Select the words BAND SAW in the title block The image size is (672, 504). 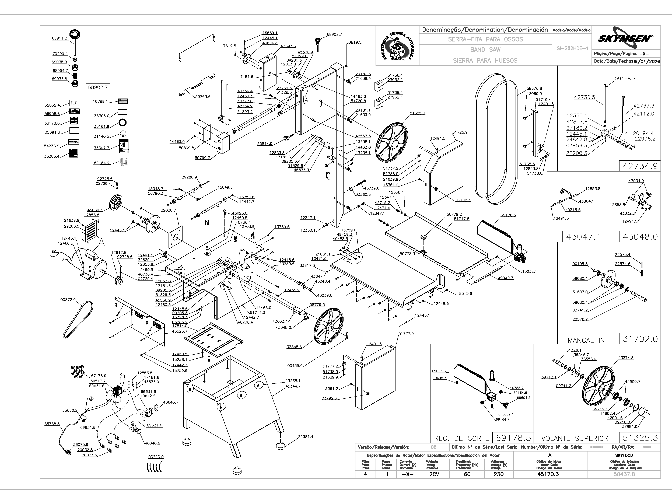pyautogui.click(x=485, y=50)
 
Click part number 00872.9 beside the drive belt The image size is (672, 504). pyautogui.click(x=68, y=300)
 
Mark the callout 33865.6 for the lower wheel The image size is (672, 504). pyautogui.click(x=294, y=347)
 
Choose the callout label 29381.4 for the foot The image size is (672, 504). pyautogui.click(x=305, y=437)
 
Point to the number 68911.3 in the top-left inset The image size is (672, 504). pyautogui.click(x=59, y=38)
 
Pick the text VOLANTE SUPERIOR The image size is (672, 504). pyautogui.click(x=575, y=438)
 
